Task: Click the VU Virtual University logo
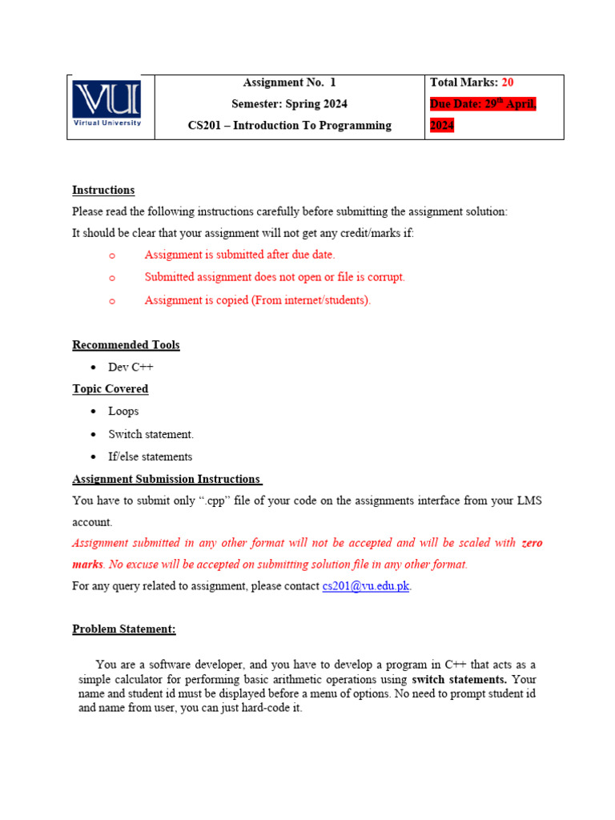107,103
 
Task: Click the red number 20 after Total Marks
508,82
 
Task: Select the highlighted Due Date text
483,104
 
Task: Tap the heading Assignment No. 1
289,82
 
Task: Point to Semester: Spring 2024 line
289,103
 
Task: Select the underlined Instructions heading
103,190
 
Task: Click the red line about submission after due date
239,255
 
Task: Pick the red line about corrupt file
275,277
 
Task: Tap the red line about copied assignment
257,300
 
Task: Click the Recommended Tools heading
126,345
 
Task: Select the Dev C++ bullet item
131,367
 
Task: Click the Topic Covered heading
110,389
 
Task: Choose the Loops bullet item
123,411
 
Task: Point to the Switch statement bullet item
151,434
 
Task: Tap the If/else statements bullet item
150,456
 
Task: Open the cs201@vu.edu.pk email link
366,586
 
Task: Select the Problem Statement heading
124,629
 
